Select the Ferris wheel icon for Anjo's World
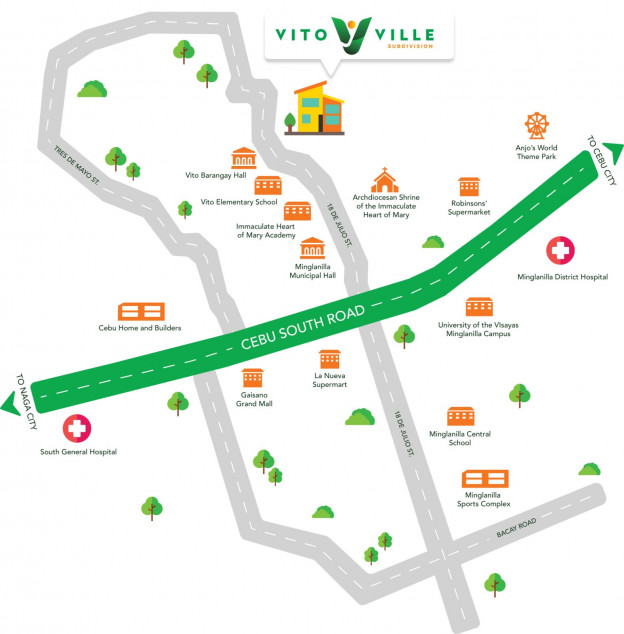(x=538, y=127)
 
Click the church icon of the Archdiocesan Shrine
(x=385, y=181)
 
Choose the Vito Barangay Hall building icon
(x=243, y=158)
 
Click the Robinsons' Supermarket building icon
(x=470, y=187)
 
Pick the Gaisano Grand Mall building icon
(x=252, y=378)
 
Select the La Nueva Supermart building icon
(x=330, y=359)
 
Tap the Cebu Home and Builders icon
(x=140, y=311)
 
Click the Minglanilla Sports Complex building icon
(x=485, y=479)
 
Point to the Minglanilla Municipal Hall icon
(x=312, y=248)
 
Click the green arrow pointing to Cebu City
(x=606, y=156)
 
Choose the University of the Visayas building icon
(x=479, y=306)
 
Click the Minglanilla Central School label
(x=460, y=438)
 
